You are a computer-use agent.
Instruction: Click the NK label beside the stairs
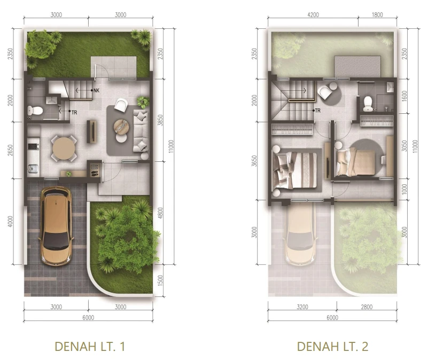(x=96, y=90)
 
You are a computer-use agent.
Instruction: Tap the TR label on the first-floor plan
(x=74, y=112)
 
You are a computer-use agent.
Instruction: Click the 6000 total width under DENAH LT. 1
(x=88, y=317)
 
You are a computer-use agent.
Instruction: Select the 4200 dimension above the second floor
(x=313, y=15)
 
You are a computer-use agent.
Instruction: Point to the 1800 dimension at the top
(x=377, y=15)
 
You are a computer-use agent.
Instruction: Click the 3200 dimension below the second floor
(x=302, y=307)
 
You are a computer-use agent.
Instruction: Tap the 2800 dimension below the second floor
(x=367, y=307)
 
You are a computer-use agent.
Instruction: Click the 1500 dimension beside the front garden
(x=160, y=280)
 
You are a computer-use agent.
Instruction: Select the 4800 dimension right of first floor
(x=160, y=213)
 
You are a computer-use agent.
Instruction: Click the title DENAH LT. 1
(x=90, y=346)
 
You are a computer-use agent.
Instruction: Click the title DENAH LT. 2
(x=332, y=346)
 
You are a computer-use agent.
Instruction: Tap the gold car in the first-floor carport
(x=56, y=226)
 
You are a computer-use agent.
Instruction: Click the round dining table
(x=64, y=148)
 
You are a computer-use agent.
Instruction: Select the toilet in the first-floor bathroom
(x=35, y=111)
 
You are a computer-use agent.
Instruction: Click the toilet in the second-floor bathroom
(x=368, y=104)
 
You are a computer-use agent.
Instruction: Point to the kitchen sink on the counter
(x=33, y=169)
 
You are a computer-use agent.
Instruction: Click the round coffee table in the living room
(x=121, y=127)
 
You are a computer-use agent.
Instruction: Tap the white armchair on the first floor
(x=121, y=105)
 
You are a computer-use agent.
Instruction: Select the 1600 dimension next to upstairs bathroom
(x=404, y=96)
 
